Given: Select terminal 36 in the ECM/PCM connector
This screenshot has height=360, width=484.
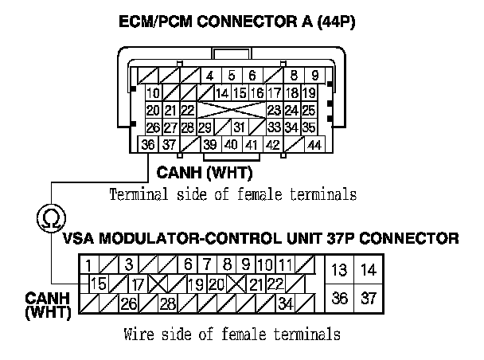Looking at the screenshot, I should (147, 144).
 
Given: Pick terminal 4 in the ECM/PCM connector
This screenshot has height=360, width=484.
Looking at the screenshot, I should (209, 76).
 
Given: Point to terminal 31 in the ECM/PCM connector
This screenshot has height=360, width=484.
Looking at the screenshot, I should (238, 127).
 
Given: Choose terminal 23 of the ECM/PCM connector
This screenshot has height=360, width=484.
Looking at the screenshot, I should (274, 110).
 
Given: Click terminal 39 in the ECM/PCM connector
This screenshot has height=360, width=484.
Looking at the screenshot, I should (210, 144).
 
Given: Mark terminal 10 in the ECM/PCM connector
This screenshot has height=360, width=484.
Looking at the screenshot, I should (153, 93).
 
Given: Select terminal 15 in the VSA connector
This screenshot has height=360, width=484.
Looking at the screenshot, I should (100, 282).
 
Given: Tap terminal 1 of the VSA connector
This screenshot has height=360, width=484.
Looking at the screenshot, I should (89, 264).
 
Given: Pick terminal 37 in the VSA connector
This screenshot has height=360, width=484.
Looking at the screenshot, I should (367, 298).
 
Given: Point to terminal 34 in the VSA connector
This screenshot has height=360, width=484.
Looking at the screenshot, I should (285, 302).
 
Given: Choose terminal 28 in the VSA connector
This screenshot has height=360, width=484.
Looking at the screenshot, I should (169, 302).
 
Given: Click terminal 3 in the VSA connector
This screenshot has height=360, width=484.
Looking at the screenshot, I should (127, 264).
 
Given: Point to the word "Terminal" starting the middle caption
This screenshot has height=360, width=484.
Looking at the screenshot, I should (137, 194).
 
